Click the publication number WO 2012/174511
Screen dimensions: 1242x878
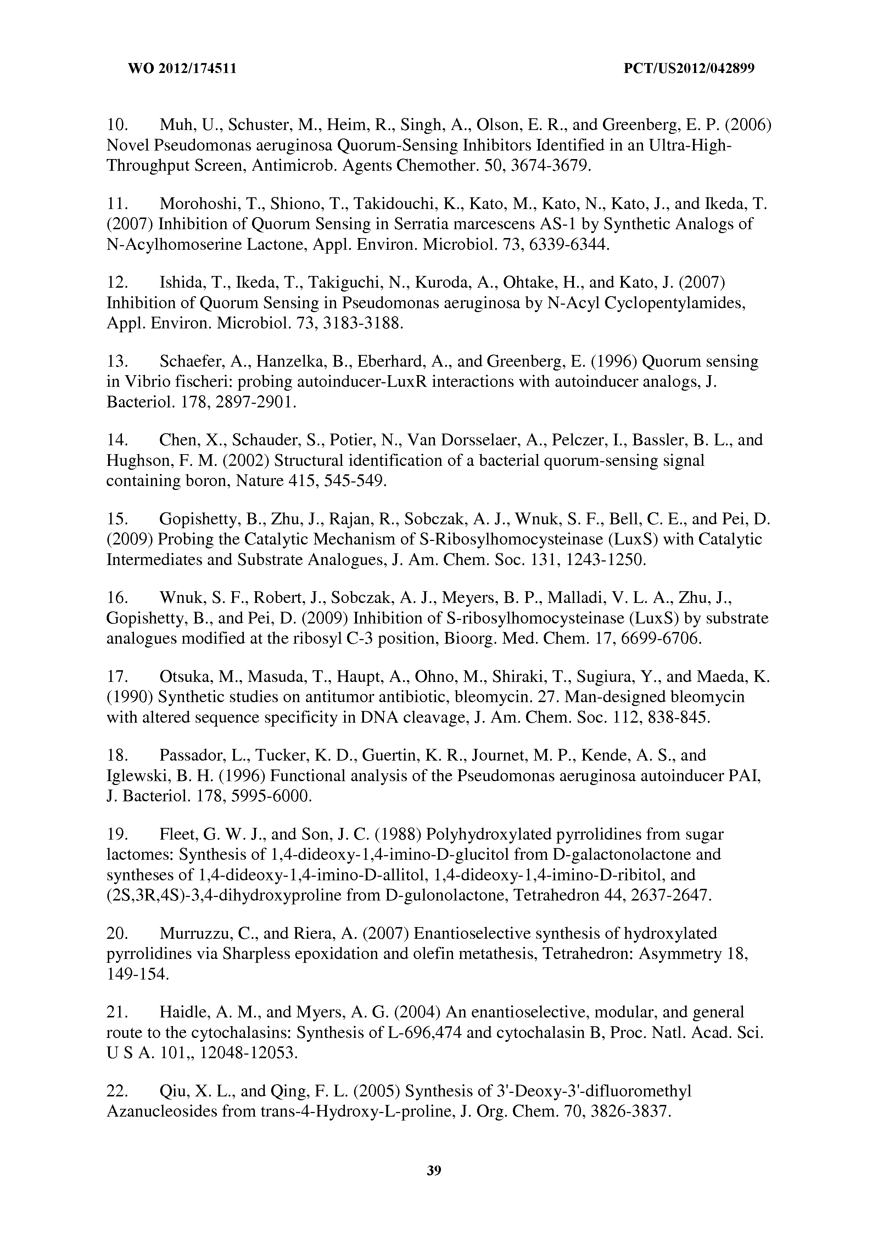click(182, 69)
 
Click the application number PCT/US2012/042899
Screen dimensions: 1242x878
click(689, 69)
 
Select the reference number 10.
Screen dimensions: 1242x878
click(117, 125)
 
